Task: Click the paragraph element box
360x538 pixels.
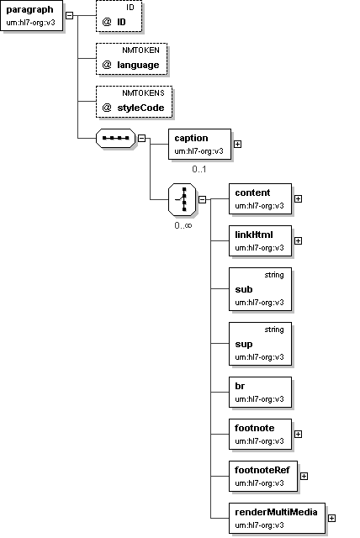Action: (x=32, y=15)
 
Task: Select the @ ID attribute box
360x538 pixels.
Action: (x=119, y=16)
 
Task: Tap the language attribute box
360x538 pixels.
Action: (x=131, y=59)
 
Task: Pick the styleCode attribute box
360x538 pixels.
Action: (x=135, y=102)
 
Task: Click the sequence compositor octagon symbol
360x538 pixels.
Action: (x=115, y=138)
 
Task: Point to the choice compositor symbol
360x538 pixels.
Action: (x=183, y=199)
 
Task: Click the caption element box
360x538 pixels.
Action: (x=199, y=144)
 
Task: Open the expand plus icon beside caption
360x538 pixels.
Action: (x=237, y=144)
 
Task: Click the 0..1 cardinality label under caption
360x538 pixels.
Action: (x=199, y=169)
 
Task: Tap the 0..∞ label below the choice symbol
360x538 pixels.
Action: (x=183, y=225)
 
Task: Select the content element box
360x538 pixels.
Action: (x=261, y=199)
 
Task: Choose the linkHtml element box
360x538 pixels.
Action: (x=261, y=241)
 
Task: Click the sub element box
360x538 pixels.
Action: (x=261, y=289)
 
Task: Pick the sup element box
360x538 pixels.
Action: (x=261, y=344)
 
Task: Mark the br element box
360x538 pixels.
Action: (x=261, y=393)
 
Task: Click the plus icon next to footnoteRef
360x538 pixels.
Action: (x=304, y=477)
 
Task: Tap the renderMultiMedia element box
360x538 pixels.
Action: (x=277, y=518)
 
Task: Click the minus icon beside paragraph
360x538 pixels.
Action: (x=69, y=15)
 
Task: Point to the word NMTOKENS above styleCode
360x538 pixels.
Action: (x=144, y=93)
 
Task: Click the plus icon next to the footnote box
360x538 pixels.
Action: (x=299, y=435)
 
